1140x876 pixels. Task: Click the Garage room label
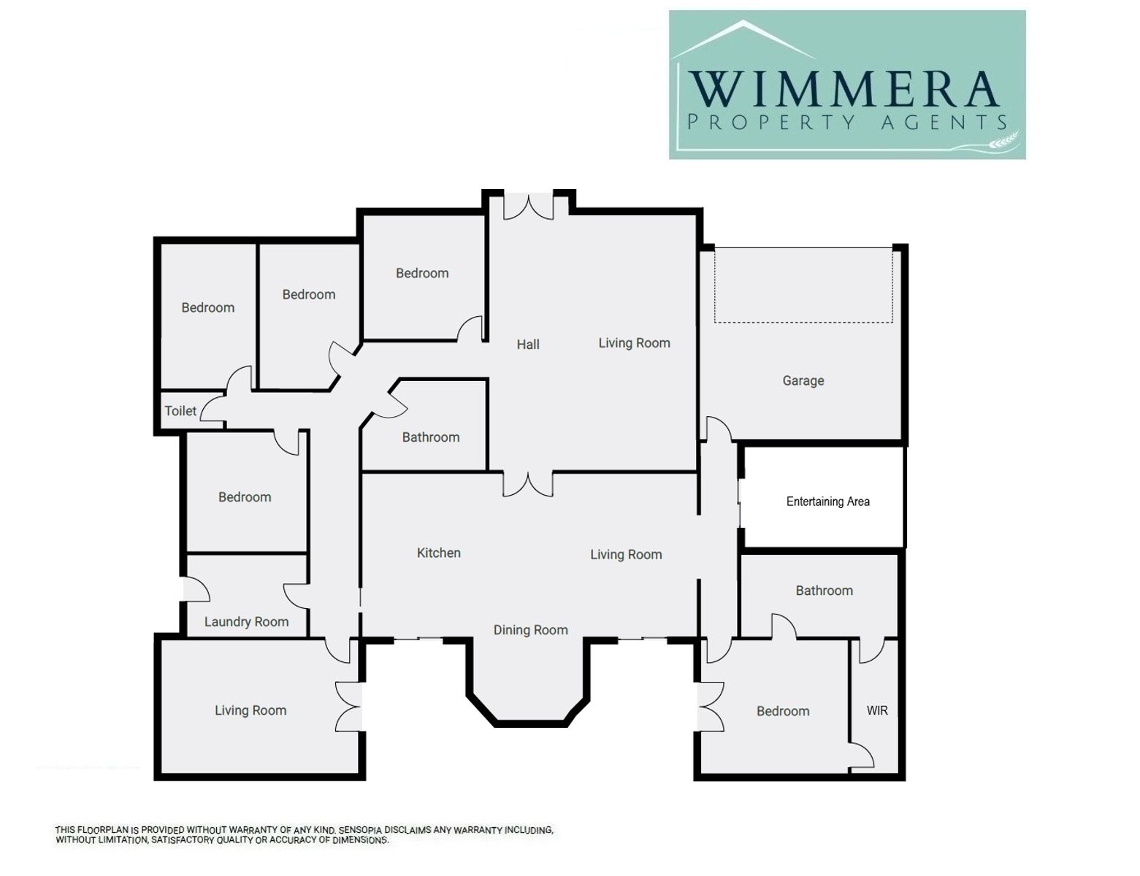pyautogui.click(x=803, y=380)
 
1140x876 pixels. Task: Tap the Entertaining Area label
pyautogui.click(x=827, y=502)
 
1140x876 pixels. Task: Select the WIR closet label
pyautogui.click(x=876, y=710)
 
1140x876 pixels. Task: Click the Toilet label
pyautogui.click(x=180, y=411)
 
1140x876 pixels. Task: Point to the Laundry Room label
pyautogui.click(x=246, y=622)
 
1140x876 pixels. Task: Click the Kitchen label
pyautogui.click(x=438, y=553)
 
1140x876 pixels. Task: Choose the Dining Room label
pyautogui.click(x=530, y=630)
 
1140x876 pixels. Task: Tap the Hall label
pyautogui.click(x=527, y=345)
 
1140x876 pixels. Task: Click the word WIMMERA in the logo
pyautogui.click(x=843, y=88)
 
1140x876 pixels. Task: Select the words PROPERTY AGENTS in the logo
pyautogui.click(x=846, y=123)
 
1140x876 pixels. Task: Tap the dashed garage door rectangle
pyautogui.click(x=803, y=285)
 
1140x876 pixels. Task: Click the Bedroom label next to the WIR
pyautogui.click(x=782, y=711)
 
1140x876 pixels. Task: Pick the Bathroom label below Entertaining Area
pyautogui.click(x=824, y=591)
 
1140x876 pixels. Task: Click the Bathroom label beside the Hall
pyautogui.click(x=430, y=437)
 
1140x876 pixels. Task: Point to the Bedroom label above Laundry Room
pyautogui.click(x=245, y=497)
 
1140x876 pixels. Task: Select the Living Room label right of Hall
pyautogui.click(x=634, y=343)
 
